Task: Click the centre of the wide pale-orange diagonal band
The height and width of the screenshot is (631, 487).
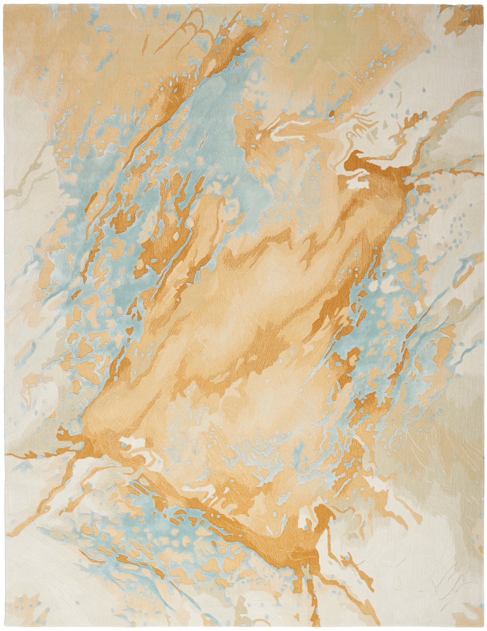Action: pos(243,303)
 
